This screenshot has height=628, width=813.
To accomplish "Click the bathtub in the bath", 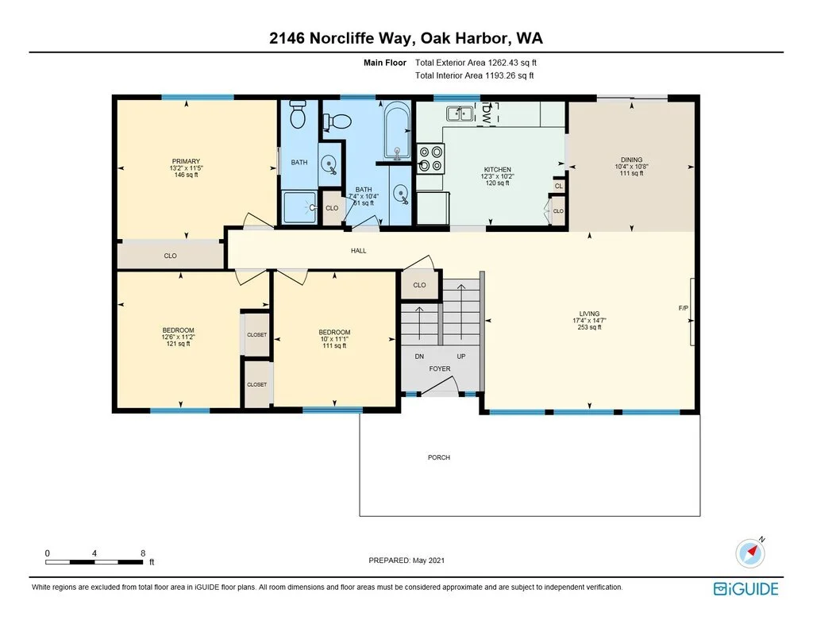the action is [397, 131].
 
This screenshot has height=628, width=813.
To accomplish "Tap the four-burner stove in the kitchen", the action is [431, 159].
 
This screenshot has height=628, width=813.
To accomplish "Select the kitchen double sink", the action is [460, 113].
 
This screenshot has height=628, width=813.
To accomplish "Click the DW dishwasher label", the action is [487, 114].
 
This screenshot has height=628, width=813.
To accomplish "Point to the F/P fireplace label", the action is [684, 308].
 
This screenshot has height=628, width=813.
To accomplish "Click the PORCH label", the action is [438, 457].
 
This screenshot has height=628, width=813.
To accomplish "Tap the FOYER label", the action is [440, 368].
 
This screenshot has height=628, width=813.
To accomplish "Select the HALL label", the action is [358, 250].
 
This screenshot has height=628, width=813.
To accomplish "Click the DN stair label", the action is [419, 356].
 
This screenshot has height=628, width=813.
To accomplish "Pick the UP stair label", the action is [461, 356].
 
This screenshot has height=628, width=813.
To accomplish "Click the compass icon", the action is [749, 553].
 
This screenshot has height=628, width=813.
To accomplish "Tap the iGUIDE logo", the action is [746, 589].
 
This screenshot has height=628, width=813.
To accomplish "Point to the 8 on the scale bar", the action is [143, 553].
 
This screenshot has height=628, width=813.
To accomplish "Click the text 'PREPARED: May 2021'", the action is [406, 560].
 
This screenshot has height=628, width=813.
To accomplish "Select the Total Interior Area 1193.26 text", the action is [475, 75].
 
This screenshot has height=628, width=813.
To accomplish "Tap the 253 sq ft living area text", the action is [590, 327].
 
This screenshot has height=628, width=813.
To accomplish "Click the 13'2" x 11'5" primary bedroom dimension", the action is [186, 168].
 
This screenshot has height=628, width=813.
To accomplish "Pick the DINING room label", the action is [631, 160].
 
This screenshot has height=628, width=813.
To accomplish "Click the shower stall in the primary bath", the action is [299, 207].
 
